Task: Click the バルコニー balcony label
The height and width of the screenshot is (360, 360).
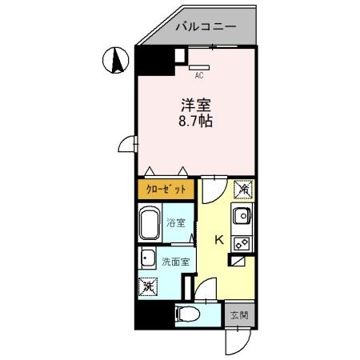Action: click(x=206, y=26)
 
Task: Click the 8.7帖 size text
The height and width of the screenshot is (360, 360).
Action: click(x=194, y=122)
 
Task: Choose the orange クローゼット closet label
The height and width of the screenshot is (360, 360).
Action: click(x=166, y=189)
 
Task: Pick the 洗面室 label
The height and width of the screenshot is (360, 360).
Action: click(x=174, y=262)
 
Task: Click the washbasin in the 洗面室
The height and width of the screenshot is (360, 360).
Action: click(x=147, y=258)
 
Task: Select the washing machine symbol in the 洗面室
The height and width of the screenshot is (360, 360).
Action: click(x=148, y=286)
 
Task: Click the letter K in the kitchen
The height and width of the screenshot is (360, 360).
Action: click(x=218, y=238)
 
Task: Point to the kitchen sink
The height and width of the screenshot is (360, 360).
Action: click(x=242, y=214)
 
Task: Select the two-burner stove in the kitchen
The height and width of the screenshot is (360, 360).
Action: click(x=241, y=242)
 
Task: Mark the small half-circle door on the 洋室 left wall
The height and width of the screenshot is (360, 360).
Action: click(x=126, y=143)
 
